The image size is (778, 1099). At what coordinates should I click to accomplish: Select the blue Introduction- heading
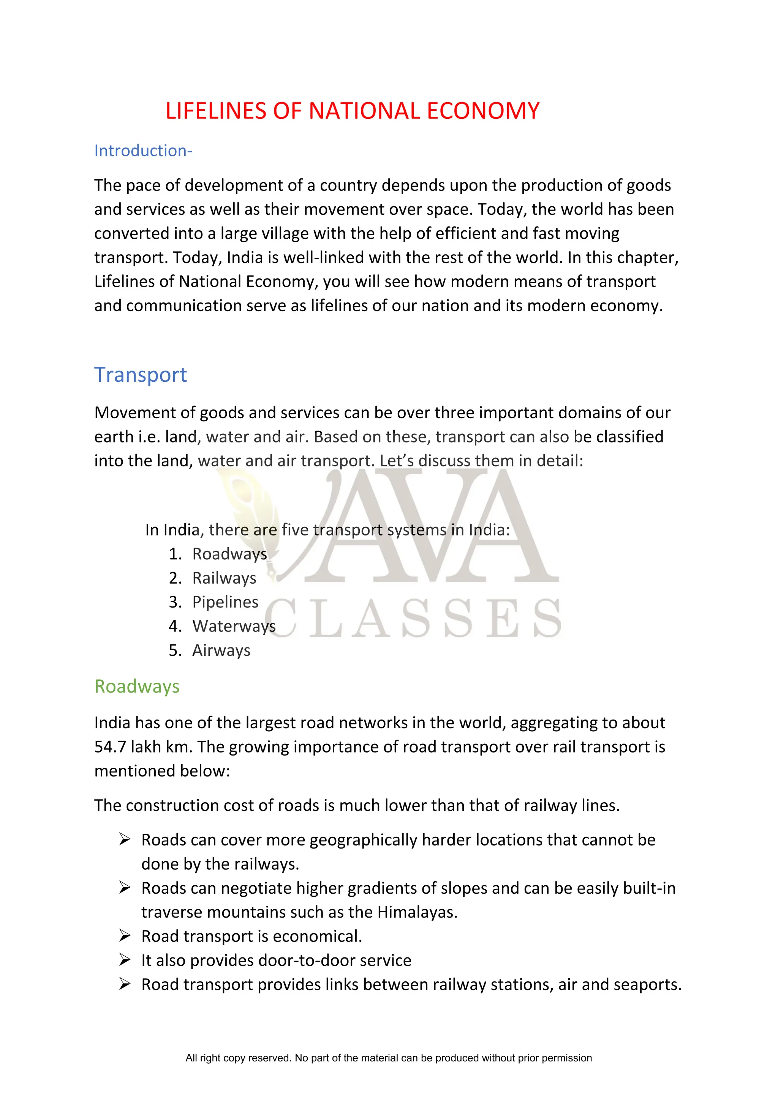pyautogui.click(x=143, y=151)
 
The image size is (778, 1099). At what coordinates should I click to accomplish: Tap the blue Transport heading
pyautogui.click(x=140, y=375)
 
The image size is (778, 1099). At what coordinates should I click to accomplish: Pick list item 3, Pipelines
pyautogui.click(x=225, y=602)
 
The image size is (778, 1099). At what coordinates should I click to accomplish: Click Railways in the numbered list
pyautogui.click(x=224, y=578)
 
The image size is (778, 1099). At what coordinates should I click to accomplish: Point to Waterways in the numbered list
pyautogui.click(x=234, y=626)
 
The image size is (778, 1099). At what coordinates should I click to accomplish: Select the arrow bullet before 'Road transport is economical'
pyautogui.click(x=125, y=936)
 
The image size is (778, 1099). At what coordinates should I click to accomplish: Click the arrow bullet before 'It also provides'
pyautogui.click(x=125, y=960)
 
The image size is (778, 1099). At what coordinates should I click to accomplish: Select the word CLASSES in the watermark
pyautogui.click(x=412, y=619)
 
